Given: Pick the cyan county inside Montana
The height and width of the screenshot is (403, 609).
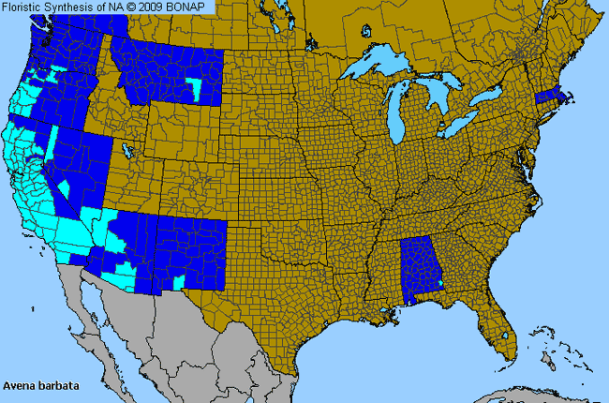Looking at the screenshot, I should click(x=194, y=88).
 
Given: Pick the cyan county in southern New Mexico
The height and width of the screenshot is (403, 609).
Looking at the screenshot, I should click(x=178, y=282).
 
